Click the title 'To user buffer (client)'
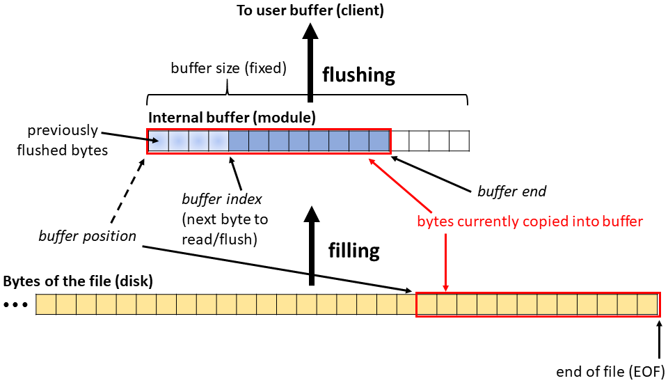click(310, 10)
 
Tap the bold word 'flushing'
click(358, 75)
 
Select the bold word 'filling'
click(354, 250)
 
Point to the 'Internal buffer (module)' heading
click(232, 118)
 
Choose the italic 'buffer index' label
click(222, 199)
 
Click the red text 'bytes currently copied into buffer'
click(530, 221)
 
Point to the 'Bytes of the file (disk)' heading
click(78, 282)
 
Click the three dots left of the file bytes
click(15, 305)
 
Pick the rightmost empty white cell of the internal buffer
click(459, 141)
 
